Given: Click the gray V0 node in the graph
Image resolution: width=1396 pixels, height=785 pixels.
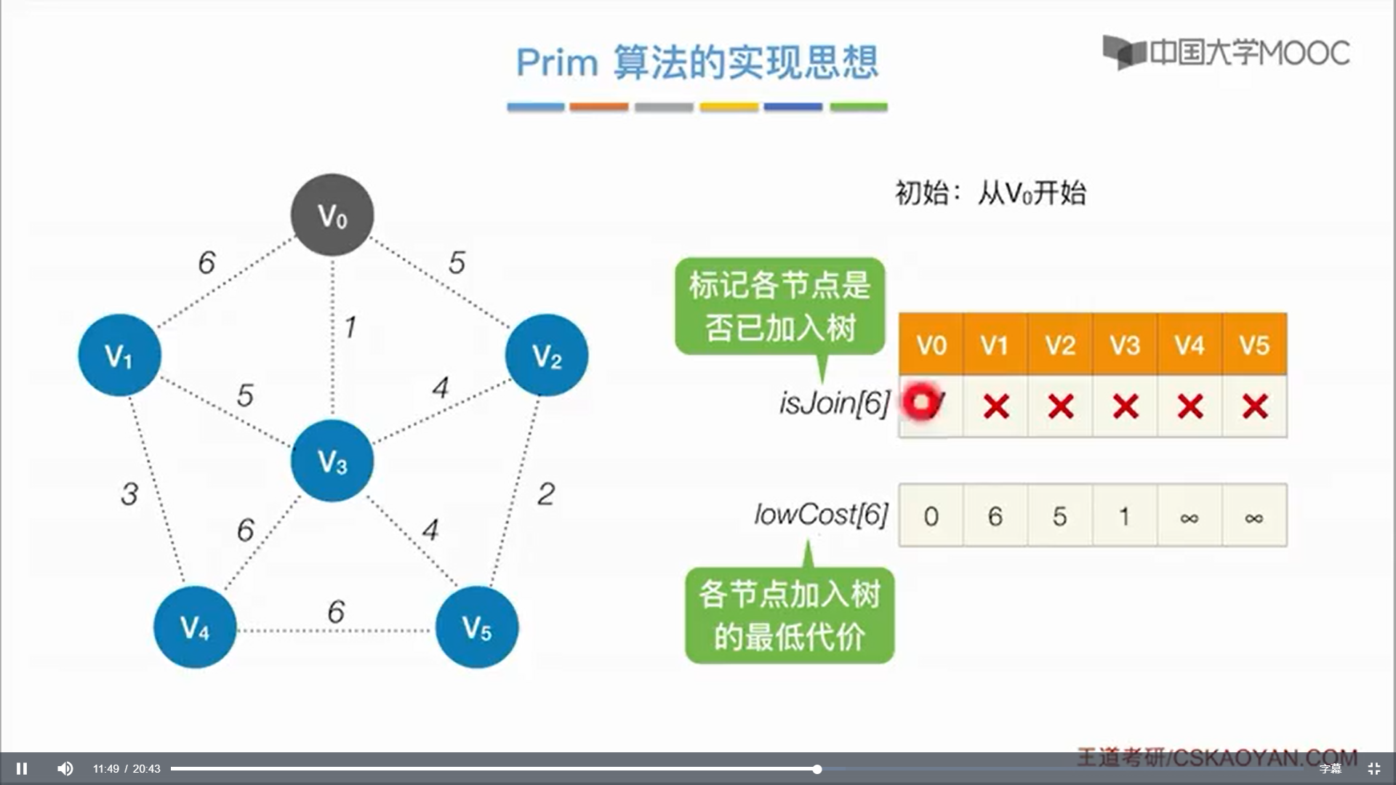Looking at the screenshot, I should click(332, 214).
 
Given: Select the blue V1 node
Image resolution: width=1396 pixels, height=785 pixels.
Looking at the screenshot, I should click(119, 355).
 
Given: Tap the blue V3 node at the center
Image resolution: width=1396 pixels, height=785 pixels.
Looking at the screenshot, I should click(332, 460).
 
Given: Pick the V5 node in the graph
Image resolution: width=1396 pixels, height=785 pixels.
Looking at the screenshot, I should click(476, 627).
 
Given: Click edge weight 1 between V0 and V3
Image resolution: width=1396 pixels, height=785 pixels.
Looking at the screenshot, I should click(350, 327).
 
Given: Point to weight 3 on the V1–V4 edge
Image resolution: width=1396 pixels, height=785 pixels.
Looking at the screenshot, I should click(129, 494).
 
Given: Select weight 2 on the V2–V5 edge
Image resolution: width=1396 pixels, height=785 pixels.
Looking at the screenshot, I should click(546, 494).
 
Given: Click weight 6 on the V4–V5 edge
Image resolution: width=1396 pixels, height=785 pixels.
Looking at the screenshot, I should click(336, 612).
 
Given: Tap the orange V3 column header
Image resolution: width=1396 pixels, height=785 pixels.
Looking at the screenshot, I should click(1125, 345).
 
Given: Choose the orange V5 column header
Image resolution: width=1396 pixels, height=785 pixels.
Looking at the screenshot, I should click(1254, 345).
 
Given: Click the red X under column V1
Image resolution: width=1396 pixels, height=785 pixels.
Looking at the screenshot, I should click(995, 406).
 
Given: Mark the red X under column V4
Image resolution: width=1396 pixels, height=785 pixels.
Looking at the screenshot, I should click(1190, 406).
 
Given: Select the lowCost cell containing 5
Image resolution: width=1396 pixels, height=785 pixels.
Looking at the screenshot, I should click(1059, 516).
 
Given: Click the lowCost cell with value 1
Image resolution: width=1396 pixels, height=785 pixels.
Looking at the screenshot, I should click(1124, 516).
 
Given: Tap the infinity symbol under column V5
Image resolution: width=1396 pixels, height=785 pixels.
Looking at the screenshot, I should click(1254, 518).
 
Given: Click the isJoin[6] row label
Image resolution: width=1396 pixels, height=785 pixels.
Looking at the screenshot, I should click(834, 403).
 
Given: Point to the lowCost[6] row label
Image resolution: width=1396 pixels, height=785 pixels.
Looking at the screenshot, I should click(821, 515).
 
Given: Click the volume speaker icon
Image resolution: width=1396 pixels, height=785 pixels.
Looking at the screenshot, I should click(65, 768).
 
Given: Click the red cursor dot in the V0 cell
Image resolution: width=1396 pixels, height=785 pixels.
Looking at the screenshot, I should click(921, 402).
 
